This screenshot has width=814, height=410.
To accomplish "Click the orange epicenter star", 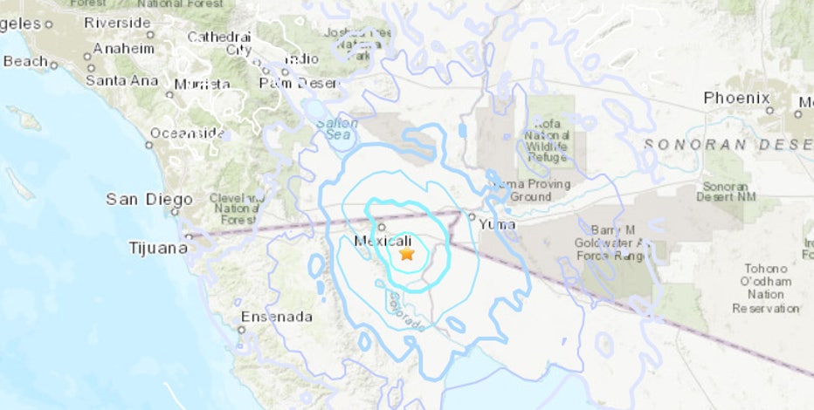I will pyautogui.click(x=406, y=254).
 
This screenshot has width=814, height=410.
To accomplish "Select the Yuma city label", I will pyautogui.click(x=497, y=224).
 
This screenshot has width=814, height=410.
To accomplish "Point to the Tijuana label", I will pyautogui.click(x=156, y=248).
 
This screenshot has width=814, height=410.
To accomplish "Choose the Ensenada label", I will pyautogui.click(x=275, y=317).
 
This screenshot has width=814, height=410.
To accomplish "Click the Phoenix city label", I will pyautogui.click(x=737, y=98).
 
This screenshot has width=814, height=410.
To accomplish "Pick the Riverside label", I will pyautogui.click(x=118, y=23).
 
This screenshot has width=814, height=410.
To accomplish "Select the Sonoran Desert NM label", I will pyautogui.click(x=725, y=193).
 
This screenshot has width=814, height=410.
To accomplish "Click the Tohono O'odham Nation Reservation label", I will pyautogui.click(x=765, y=288).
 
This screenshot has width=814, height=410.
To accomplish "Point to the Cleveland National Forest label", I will pyautogui.click(x=235, y=208).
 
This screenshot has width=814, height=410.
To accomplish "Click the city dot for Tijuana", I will pyautogui.click(x=189, y=236).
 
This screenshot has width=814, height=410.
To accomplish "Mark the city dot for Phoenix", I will pyautogui.click(x=770, y=111).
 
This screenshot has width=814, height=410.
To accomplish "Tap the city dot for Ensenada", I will pyautogui.click(x=241, y=330).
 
